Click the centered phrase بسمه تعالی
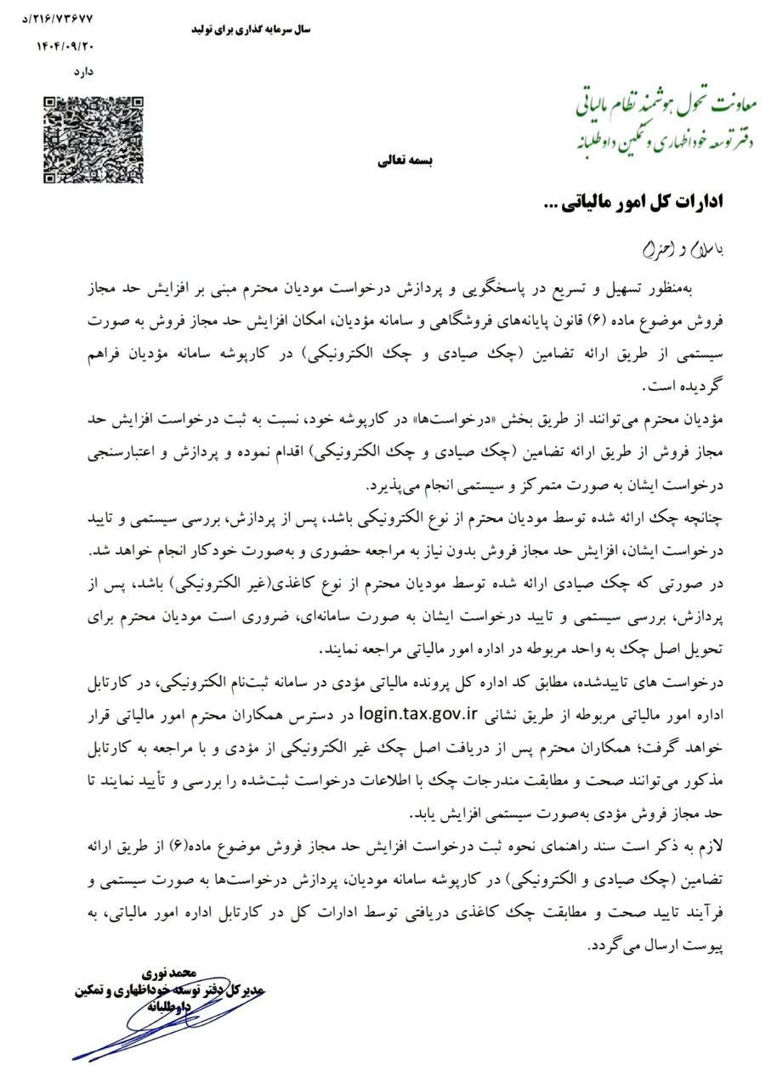click(406, 161)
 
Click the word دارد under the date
click(82, 71)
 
